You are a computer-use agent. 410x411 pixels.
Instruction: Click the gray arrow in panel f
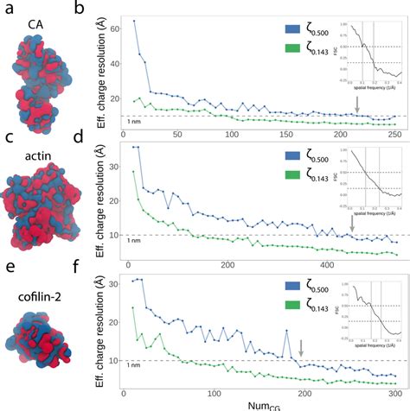(301, 348)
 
